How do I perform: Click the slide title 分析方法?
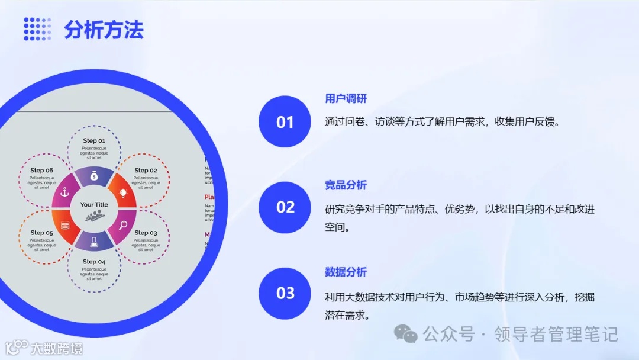click(x=104, y=30)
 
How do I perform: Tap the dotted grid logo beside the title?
click(x=37, y=29)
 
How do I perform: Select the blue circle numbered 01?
click(x=285, y=121)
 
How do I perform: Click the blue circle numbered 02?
click(x=285, y=207)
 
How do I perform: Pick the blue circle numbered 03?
click(x=285, y=293)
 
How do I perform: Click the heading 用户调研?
click(x=346, y=98)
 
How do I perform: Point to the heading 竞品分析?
click(x=346, y=185)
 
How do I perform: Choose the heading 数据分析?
click(x=346, y=272)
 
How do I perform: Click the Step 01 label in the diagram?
click(x=94, y=141)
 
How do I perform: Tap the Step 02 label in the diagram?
click(x=146, y=171)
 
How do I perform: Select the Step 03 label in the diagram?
click(x=146, y=233)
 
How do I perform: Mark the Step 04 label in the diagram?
click(x=94, y=261)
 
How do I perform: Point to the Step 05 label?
click(x=42, y=233)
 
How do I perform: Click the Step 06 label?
click(x=42, y=171)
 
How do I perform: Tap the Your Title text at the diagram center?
click(x=94, y=205)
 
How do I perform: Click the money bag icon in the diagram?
click(x=94, y=176)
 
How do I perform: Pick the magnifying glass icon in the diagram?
click(x=124, y=224)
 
